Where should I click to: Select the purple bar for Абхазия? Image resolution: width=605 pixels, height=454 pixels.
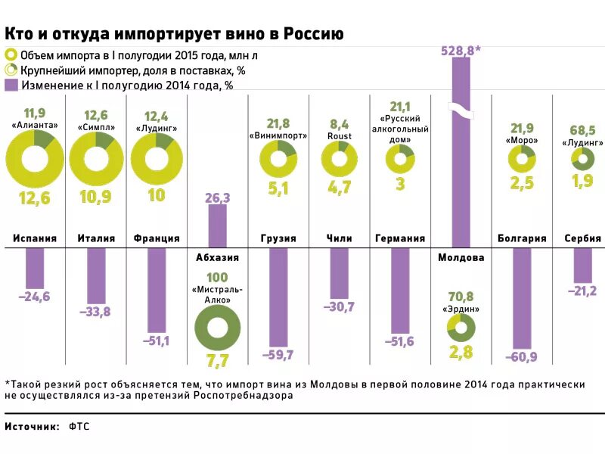pyautogui.click(x=217, y=225)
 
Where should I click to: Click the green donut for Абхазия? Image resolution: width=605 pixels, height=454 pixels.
pyautogui.click(x=217, y=328)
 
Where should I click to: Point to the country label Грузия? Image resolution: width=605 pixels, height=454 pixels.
pyautogui.click(x=278, y=238)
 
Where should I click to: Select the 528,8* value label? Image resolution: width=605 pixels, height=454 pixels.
pyautogui.click(x=460, y=51)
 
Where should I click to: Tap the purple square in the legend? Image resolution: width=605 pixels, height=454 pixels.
pyautogui.click(x=11, y=85)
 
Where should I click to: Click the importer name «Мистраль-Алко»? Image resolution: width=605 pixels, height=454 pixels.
pyautogui.click(x=217, y=295)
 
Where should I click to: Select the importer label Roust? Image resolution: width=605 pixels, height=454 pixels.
pyautogui.click(x=339, y=136)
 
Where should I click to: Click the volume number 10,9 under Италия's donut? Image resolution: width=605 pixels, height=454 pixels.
pyautogui.click(x=96, y=197)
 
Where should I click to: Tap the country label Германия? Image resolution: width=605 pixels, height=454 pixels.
pyautogui.click(x=400, y=238)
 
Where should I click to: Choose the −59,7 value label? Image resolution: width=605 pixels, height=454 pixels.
pyautogui.click(x=278, y=354)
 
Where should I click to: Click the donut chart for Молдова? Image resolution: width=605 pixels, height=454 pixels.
pyautogui.click(x=461, y=327)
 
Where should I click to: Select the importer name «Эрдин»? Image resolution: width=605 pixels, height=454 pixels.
pyautogui.click(x=461, y=309)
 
